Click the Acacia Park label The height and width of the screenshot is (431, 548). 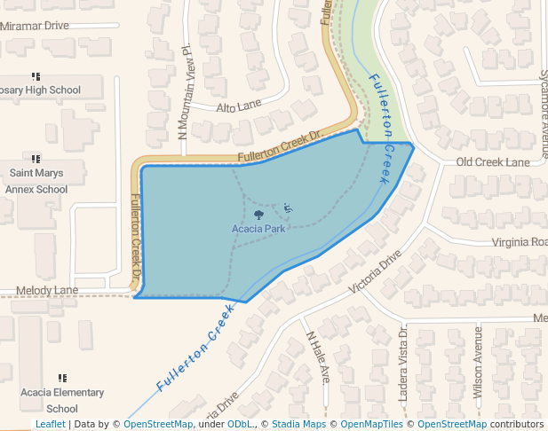(258, 228)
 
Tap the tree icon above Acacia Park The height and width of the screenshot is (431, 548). (258, 214)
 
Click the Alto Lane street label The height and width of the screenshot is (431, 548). (239, 106)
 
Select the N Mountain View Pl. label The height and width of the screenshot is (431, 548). (186, 93)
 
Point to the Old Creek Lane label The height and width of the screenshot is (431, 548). (492, 162)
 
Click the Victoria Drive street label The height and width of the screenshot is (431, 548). (376, 273)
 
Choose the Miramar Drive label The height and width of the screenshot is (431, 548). (35, 27)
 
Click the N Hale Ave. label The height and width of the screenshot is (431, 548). (318, 357)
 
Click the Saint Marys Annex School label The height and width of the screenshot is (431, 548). (36, 180)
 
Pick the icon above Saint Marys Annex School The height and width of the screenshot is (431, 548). (36, 158)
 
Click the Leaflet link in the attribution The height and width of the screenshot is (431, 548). (51, 424)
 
